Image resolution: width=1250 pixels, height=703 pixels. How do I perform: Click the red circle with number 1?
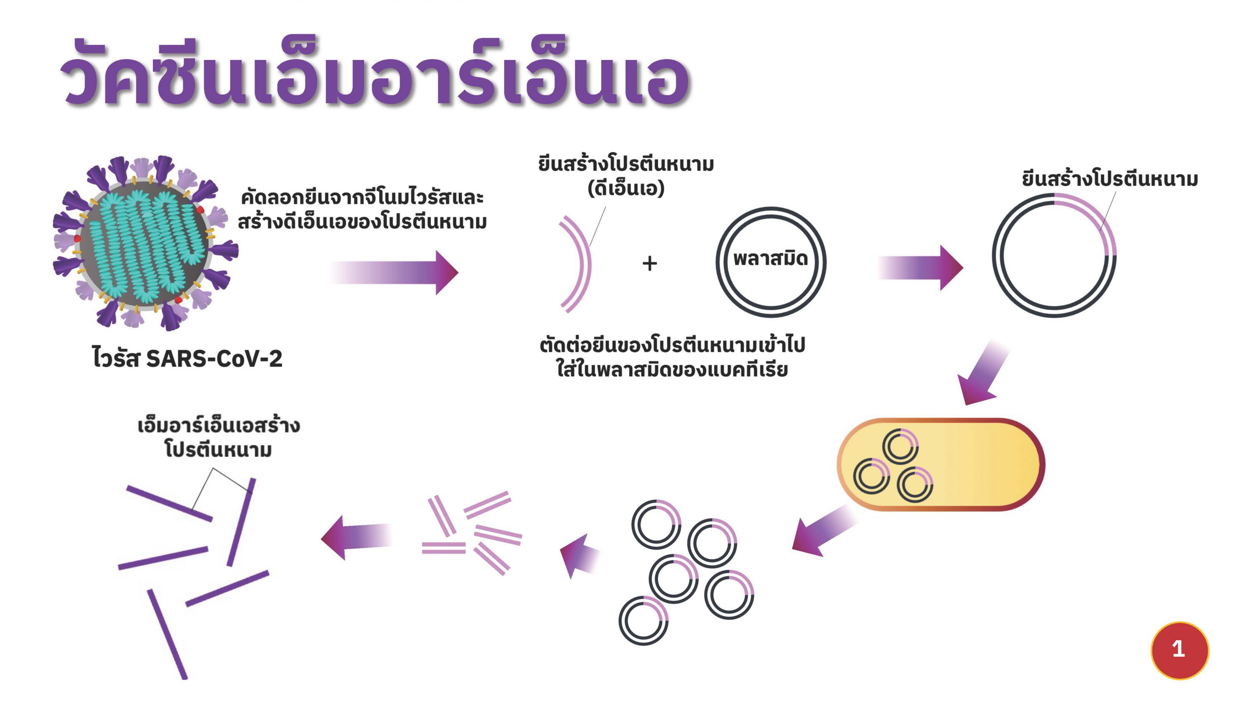click(1179, 650)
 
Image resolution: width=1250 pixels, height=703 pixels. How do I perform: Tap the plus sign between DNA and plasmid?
click(649, 264)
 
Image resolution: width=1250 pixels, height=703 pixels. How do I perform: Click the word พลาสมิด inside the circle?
click(770, 259)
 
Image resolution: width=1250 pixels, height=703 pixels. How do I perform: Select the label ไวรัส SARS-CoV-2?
click(187, 359)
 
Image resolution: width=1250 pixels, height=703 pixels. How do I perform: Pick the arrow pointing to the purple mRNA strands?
click(357, 538)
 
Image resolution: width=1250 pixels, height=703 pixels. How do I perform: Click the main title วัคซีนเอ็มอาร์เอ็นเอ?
click(374, 73)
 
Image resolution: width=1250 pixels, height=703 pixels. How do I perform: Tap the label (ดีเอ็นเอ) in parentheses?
click(625, 188)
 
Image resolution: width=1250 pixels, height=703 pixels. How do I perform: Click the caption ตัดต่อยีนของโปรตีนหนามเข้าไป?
click(672, 345)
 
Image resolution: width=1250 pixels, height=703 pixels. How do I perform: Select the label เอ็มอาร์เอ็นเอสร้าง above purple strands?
click(218, 426)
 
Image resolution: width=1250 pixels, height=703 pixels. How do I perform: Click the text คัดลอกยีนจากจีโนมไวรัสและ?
click(362, 198)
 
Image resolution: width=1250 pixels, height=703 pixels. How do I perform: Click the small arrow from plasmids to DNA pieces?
click(580, 556)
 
